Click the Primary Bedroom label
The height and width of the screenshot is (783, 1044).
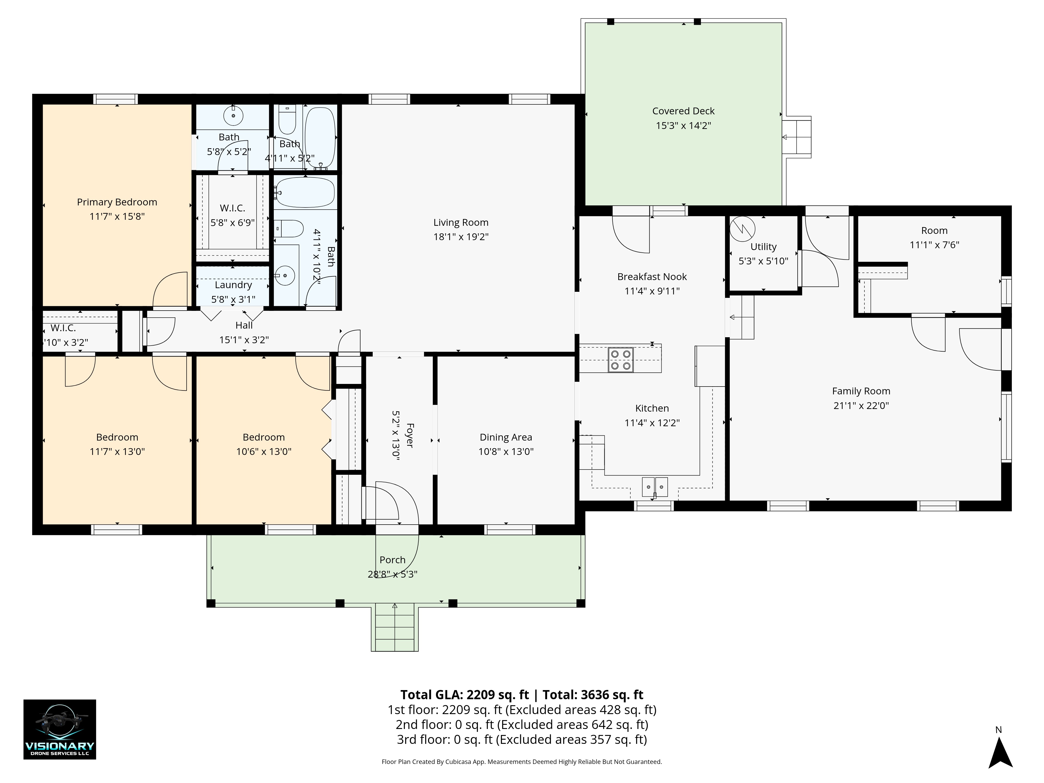click(x=117, y=202)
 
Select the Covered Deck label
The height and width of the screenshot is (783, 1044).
click(x=683, y=111)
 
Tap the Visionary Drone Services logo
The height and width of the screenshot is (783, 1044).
click(x=60, y=729)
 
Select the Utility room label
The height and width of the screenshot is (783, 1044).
click(x=763, y=247)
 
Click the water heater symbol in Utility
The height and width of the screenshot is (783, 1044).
click(x=742, y=229)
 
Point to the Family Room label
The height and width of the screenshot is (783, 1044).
click(x=861, y=391)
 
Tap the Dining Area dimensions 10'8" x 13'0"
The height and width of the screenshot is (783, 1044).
click(x=506, y=452)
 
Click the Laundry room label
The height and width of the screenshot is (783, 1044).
click(x=233, y=285)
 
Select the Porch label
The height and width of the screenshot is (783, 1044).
click(x=393, y=560)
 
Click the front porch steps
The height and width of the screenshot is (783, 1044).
click(x=395, y=628)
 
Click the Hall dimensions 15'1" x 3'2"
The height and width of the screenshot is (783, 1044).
click(x=244, y=340)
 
